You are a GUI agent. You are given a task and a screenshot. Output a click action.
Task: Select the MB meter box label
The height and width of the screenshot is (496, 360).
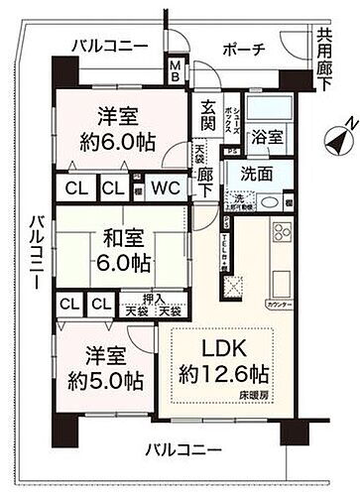pyautogui.click(x=175, y=71)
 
